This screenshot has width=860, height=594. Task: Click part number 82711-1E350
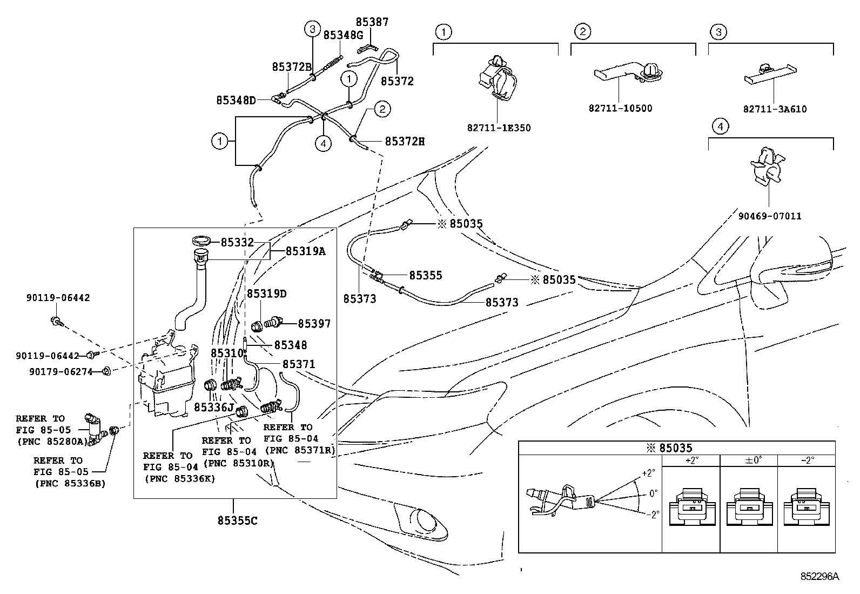pos(499,128)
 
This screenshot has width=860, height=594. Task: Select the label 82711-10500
pos(621,108)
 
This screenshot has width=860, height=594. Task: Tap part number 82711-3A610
pos(775,109)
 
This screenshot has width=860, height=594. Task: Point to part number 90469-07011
pos(770,216)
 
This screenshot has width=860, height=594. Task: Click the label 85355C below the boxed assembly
pos(237,520)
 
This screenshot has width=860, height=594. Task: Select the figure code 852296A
pos(819,576)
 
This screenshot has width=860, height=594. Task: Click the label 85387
pos(372,22)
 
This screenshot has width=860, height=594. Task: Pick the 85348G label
pos(343,35)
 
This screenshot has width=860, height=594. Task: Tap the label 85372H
pos(405,142)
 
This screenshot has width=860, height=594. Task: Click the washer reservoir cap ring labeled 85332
pos(201,241)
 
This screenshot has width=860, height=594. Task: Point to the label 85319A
pos(306,251)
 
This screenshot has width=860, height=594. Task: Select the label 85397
pos(314,324)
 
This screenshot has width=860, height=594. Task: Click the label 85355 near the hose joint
pos(425,276)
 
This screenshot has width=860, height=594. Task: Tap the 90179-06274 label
pos(61,372)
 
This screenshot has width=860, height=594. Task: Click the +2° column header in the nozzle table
pos(691,460)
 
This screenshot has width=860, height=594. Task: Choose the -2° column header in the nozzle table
pos(807,460)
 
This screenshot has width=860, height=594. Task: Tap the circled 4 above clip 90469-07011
pos(720,126)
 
